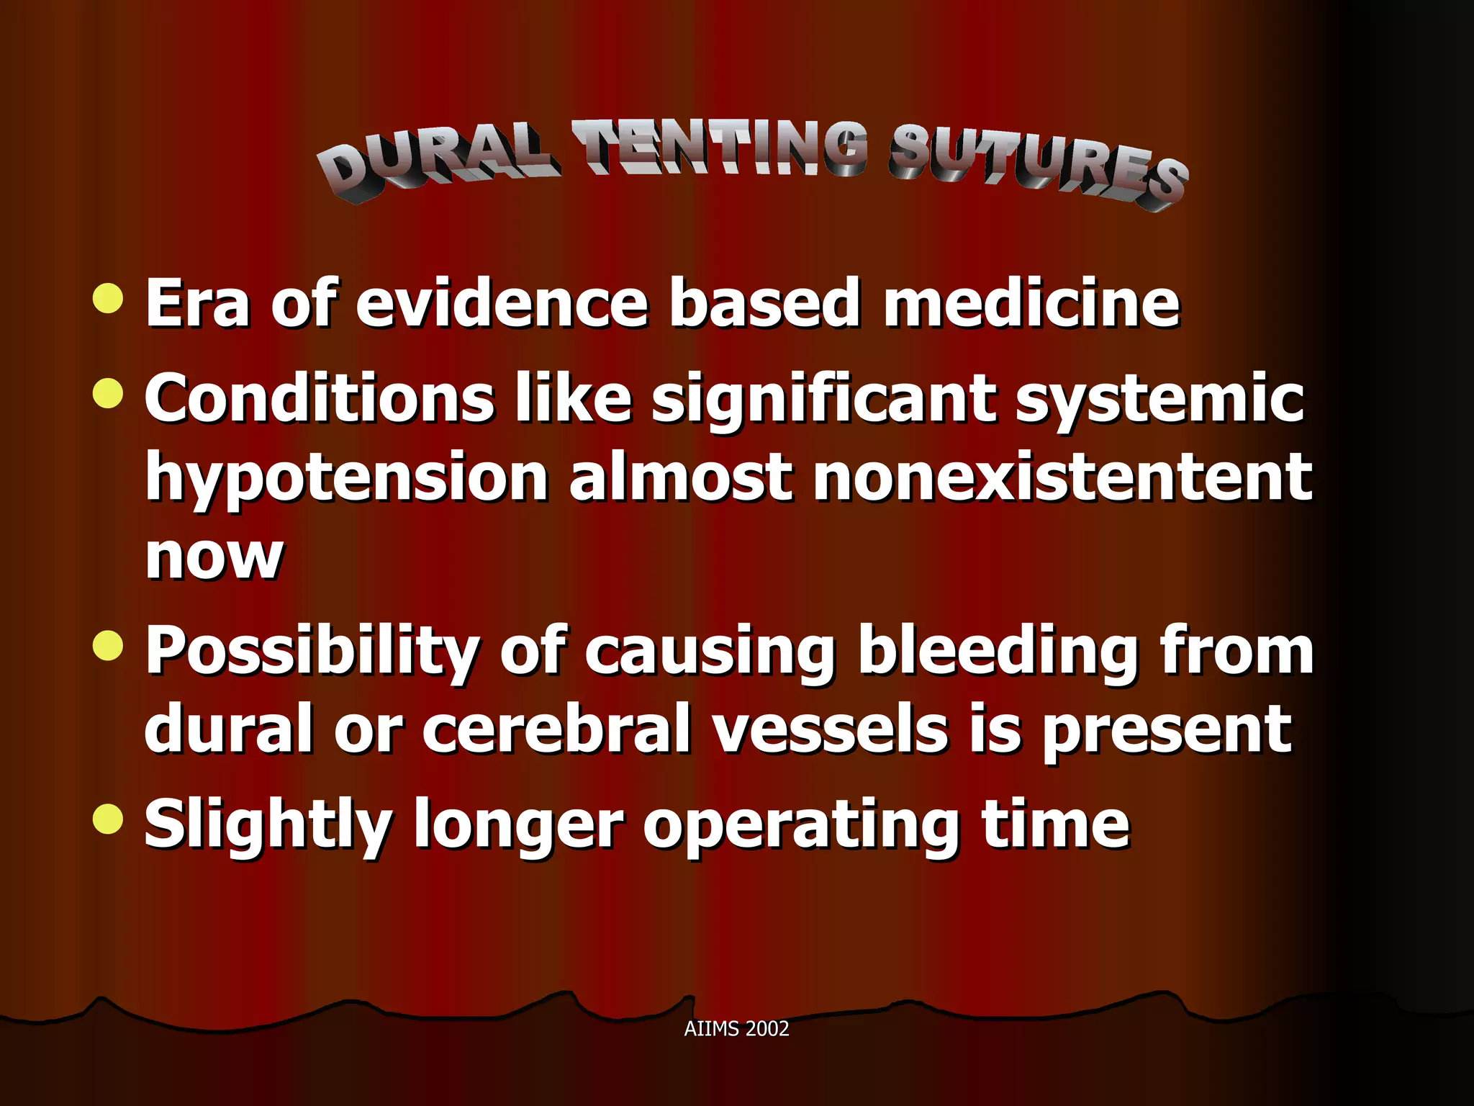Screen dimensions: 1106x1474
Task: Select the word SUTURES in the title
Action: point(1036,166)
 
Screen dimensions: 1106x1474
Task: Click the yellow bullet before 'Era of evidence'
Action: point(109,298)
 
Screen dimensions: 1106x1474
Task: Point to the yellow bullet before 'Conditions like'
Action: point(109,393)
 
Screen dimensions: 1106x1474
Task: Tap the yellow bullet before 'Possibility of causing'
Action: point(109,645)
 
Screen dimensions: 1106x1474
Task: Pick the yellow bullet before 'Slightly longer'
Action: point(109,819)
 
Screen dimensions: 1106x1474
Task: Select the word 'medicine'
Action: point(1031,302)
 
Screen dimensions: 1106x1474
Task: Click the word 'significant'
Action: point(823,400)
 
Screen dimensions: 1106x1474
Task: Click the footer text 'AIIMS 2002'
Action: point(736,1028)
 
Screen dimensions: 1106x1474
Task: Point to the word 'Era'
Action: point(198,302)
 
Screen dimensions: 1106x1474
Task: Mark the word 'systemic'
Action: point(1159,400)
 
